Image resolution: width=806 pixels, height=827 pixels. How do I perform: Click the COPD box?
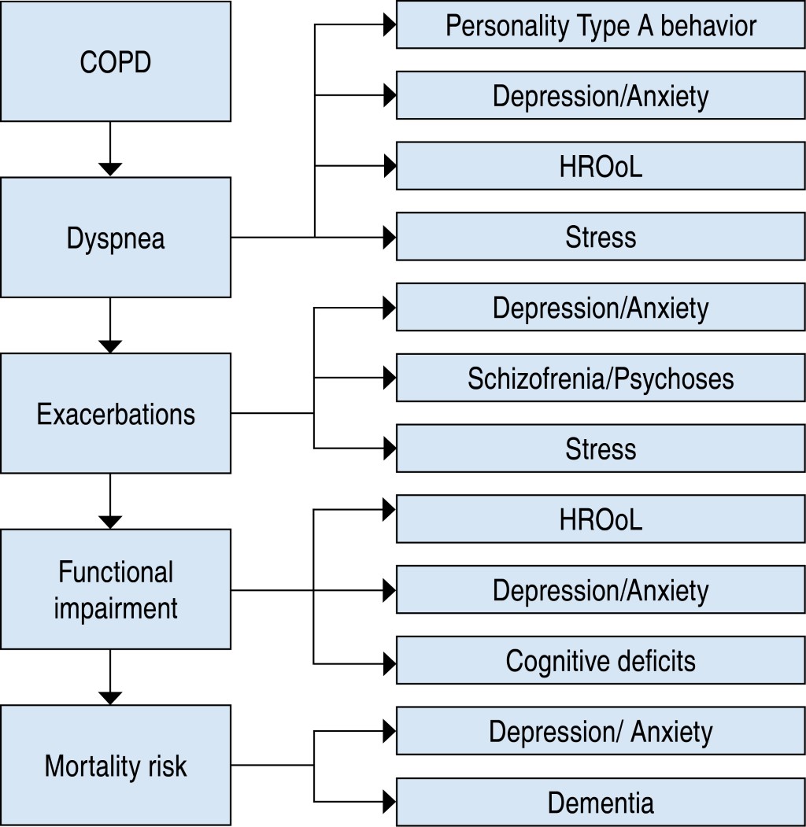click(x=116, y=61)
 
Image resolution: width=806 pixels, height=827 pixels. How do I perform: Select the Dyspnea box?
click(x=116, y=237)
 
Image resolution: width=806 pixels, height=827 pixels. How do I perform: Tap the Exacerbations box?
click(x=116, y=413)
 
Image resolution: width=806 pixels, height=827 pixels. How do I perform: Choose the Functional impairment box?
click(x=116, y=589)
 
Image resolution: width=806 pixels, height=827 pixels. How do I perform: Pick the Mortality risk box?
click(x=116, y=765)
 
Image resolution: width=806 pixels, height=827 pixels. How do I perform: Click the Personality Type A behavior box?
click(x=601, y=25)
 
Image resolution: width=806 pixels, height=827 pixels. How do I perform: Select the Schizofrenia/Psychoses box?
click(x=601, y=378)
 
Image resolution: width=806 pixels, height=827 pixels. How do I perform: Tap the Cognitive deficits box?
click(x=601, y=660)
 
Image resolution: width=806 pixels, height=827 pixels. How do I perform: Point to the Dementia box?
click(x=601, y=802)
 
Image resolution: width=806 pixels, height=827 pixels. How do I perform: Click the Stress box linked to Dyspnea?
click(x=601, y=236)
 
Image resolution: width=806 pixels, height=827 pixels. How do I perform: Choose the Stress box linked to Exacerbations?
click(x=601, y=449)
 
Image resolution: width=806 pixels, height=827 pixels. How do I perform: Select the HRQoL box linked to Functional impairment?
click(x=601, y=519)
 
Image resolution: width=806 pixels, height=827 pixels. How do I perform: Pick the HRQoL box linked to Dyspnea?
click(x=601, y=166)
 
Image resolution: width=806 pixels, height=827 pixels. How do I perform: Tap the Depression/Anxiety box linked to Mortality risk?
click(x=601, y=731)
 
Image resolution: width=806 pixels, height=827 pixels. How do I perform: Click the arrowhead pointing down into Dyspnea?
click(x=111, y=169)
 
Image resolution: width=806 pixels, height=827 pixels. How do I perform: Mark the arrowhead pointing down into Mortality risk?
click(x=111, y=697)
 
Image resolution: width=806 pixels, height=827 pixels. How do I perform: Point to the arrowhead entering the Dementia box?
click(x=389, y=802)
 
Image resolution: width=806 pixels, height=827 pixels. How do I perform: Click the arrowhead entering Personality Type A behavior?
click(x=389, y=25)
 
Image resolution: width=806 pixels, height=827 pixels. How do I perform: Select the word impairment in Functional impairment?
click(x=116, y=607)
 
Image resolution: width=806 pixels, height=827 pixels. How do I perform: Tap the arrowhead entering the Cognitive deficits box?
click(x=389, y=660)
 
